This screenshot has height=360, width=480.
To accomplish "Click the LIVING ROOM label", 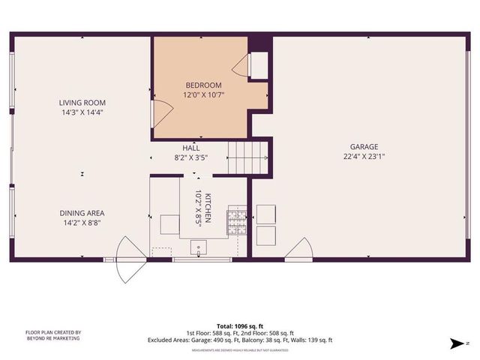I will coord(82,103).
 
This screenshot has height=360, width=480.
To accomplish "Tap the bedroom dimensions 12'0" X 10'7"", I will coord(204,95).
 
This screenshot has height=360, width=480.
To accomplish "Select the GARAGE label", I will coord(364,147).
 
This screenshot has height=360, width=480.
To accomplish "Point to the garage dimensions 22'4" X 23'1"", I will coord(364,157).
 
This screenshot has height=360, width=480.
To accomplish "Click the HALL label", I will coord(190,148).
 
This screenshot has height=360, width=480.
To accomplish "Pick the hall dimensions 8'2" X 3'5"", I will coord(190,158).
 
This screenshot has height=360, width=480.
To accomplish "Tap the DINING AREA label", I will coord(82,213).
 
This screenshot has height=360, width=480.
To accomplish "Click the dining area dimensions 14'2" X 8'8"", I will coord(82,223).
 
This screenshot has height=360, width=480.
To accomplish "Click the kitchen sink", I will coord(199,246).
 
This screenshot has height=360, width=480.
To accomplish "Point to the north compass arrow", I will coord(455,344).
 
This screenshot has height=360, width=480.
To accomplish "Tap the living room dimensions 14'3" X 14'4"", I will coord(82,112).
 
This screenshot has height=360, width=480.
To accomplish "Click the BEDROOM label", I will coord(204,85).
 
